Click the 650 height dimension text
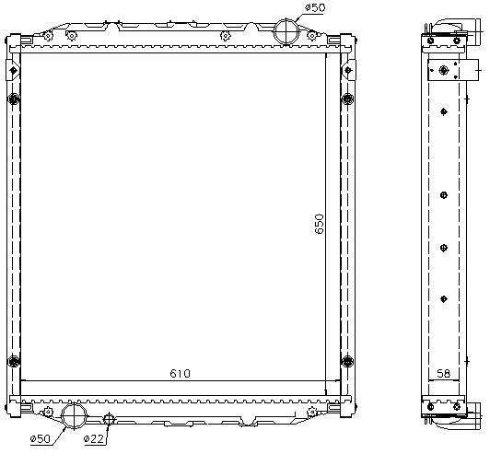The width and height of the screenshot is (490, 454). point(319,224)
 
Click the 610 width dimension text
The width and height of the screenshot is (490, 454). point(180,373)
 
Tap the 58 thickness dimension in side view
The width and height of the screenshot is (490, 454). point(443,373)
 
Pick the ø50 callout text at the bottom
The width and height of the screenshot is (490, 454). point(40,439)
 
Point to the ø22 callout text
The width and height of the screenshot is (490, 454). point(93,439)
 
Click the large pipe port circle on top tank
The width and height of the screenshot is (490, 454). point(286,31)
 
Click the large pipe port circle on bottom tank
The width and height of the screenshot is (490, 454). point(74,415)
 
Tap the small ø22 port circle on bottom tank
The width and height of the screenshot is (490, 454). point(109,418)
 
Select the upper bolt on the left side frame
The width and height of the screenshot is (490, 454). point(14,99)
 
